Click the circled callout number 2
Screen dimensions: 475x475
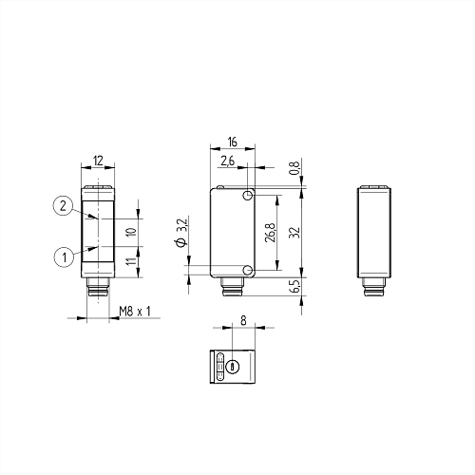(x=64, y=206)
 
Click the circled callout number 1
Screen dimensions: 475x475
(x=65, y=256)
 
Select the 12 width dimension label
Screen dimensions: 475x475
(x=99, y=161)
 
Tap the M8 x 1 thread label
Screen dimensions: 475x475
(x=135, y=312)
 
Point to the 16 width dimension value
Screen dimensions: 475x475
(x=232, y=142)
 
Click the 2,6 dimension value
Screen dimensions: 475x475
(x=228, y=161)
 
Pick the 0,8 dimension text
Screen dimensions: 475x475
(x=294, y=168)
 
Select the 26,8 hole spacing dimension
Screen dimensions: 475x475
(x=271, y=233)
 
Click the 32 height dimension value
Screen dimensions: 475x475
(x=294, y=233)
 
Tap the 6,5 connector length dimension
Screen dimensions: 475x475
(x=294, y=286)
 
